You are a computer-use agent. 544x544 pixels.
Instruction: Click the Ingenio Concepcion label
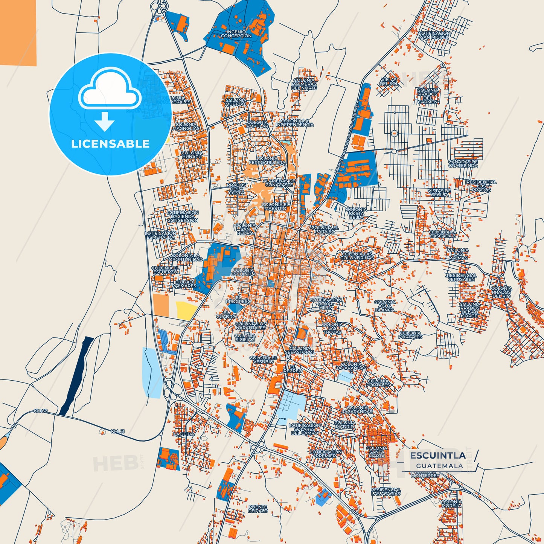coord(236,34)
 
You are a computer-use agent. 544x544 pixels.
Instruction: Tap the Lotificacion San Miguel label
coord(434,35)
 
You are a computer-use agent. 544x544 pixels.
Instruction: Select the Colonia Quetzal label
coord(236,102)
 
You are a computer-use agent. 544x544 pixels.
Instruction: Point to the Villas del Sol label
coord(389,82)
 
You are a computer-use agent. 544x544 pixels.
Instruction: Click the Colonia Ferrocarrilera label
coord(267,161)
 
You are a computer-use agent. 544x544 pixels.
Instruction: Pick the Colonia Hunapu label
coord(192,155)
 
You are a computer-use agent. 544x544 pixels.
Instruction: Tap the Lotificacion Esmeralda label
coord(160,235)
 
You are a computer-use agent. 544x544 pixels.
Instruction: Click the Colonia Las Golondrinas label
coord(357,256)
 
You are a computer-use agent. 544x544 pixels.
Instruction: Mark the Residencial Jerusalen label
coord(462,277)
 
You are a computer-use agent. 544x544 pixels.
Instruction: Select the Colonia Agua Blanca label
coord(385,306)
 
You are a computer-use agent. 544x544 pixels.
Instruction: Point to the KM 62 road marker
coord(41,411)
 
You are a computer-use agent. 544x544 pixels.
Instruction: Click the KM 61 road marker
coord(117,431)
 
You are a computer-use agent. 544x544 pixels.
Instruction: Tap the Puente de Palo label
coord(258,509)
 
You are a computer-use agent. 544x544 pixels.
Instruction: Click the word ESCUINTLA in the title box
coord(437,456)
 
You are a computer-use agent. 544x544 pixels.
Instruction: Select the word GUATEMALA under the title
coord(439,466)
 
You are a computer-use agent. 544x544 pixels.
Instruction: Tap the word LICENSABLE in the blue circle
coord(110,144)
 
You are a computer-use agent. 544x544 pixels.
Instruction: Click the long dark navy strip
coord(76,376)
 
